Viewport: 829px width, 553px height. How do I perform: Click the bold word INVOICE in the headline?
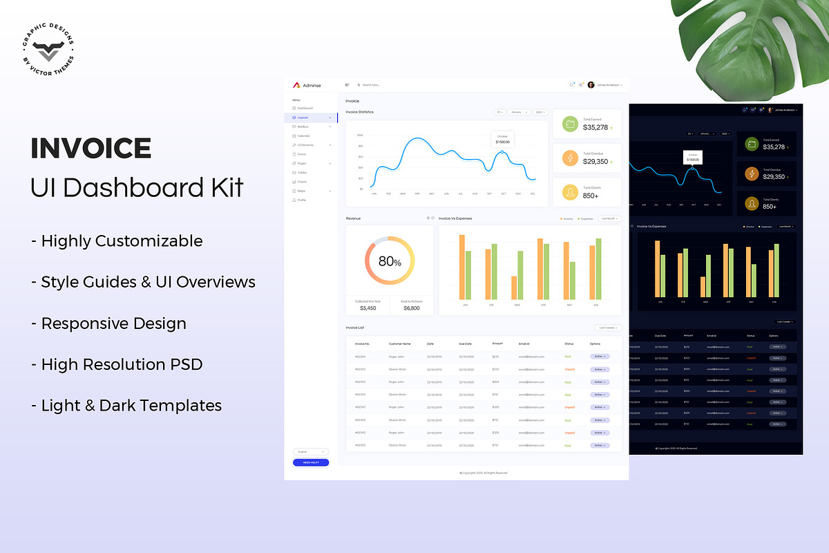click(x=91, y=149)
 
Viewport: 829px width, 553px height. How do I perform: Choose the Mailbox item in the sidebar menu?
click(x=303, y=127)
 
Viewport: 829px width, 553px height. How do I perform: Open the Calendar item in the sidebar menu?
click(x=303, y=136)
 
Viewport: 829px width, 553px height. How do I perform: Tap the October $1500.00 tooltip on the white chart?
click(x=502, y=139)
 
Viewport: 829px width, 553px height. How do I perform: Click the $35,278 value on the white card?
click(x=595, y=128)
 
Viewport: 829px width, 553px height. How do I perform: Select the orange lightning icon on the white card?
click(x=570, y=159)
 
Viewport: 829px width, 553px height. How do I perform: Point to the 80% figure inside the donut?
click(x=390, y=261)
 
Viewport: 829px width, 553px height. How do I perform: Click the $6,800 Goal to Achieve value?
click(x=411, y=308)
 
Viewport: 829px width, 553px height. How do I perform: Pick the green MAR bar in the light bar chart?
click(x=520, y=274)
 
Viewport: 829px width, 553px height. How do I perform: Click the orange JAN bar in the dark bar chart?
click(x=657, y=270)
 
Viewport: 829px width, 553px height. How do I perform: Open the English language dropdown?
click(x=311, y=451)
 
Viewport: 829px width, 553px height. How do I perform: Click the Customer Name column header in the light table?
click(x=399, y=344)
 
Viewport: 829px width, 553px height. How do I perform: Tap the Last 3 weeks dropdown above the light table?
click(x=609, y=328)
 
